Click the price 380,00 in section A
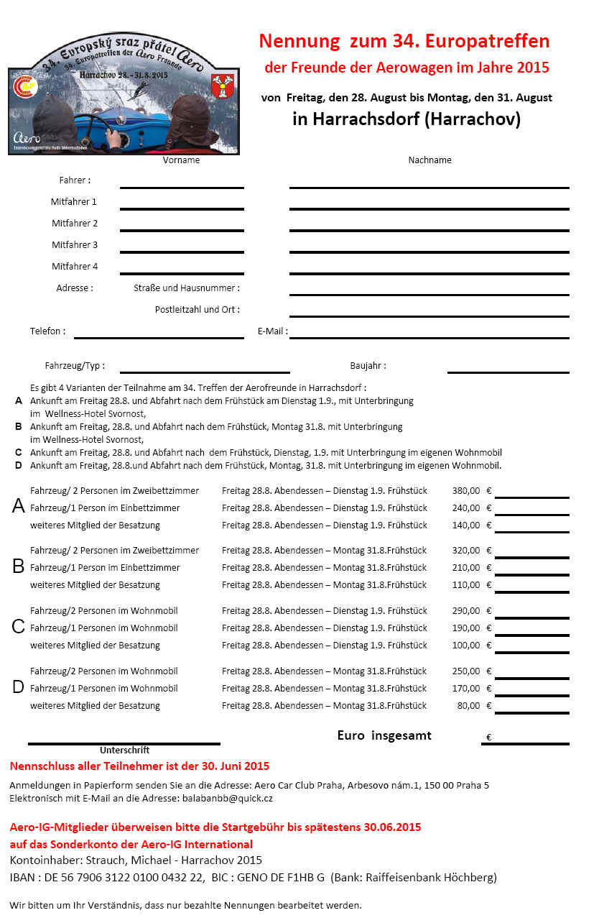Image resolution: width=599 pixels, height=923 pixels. (466, 491)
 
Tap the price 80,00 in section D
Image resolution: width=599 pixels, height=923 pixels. (468, 706)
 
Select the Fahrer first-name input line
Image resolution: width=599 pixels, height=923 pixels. (182, 187)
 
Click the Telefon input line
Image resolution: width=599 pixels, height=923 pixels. (159, 337)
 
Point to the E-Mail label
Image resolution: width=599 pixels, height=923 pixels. (272, 331)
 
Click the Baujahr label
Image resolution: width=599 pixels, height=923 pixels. (368, 365)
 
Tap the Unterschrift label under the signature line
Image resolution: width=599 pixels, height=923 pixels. (125, 750)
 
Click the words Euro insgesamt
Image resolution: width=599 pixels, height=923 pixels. (384, 736)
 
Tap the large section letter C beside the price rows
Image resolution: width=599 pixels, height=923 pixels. (19, 627)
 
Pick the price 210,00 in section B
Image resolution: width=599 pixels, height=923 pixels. (466, 568)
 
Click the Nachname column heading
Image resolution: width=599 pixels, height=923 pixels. (429, 160)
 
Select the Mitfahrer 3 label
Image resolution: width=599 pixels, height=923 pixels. (75, 245)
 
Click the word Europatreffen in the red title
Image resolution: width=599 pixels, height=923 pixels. (488, 41)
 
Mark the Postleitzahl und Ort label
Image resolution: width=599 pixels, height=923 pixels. (198, 310)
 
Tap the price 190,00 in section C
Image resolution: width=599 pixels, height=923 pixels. (466, 628)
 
